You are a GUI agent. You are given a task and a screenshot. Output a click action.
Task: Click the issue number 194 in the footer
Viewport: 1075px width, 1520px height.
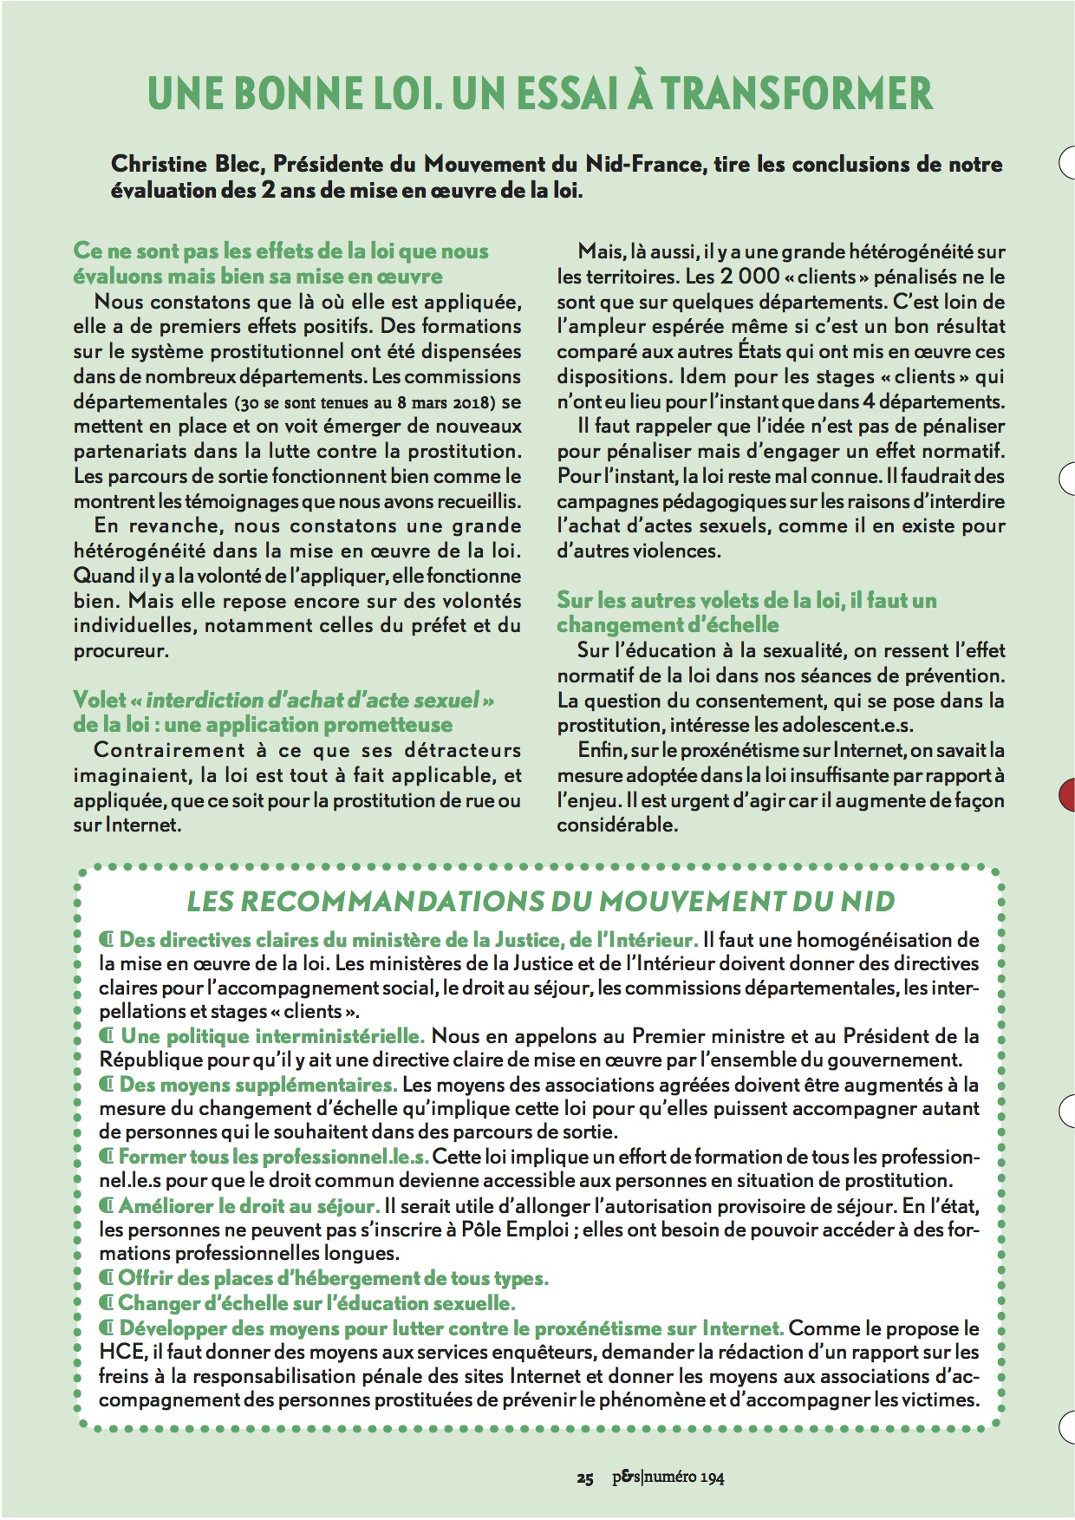pyautogui.click(x=713, y=1478)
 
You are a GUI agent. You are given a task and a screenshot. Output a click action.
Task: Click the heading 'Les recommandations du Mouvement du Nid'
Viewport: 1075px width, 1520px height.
pyautogui.click(x=541, y=902)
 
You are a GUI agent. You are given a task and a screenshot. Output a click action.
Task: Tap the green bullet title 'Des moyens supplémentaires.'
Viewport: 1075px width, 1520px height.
pyautogui.click(x=257, y=1085)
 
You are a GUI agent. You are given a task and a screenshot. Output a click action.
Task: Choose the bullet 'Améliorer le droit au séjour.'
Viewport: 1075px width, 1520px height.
pyautogui.click(x=249, y=1206)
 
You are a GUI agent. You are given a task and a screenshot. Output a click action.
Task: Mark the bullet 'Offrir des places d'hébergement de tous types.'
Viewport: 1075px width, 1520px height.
pyautogui.click(x=333, y=1278)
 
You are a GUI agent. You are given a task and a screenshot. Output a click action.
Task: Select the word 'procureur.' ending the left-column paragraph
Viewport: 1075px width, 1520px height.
pyautogui.click(x=121, y=651)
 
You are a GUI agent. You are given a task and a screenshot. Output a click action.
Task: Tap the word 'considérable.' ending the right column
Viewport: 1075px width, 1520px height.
pyautogui.click(x=617, y=825)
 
